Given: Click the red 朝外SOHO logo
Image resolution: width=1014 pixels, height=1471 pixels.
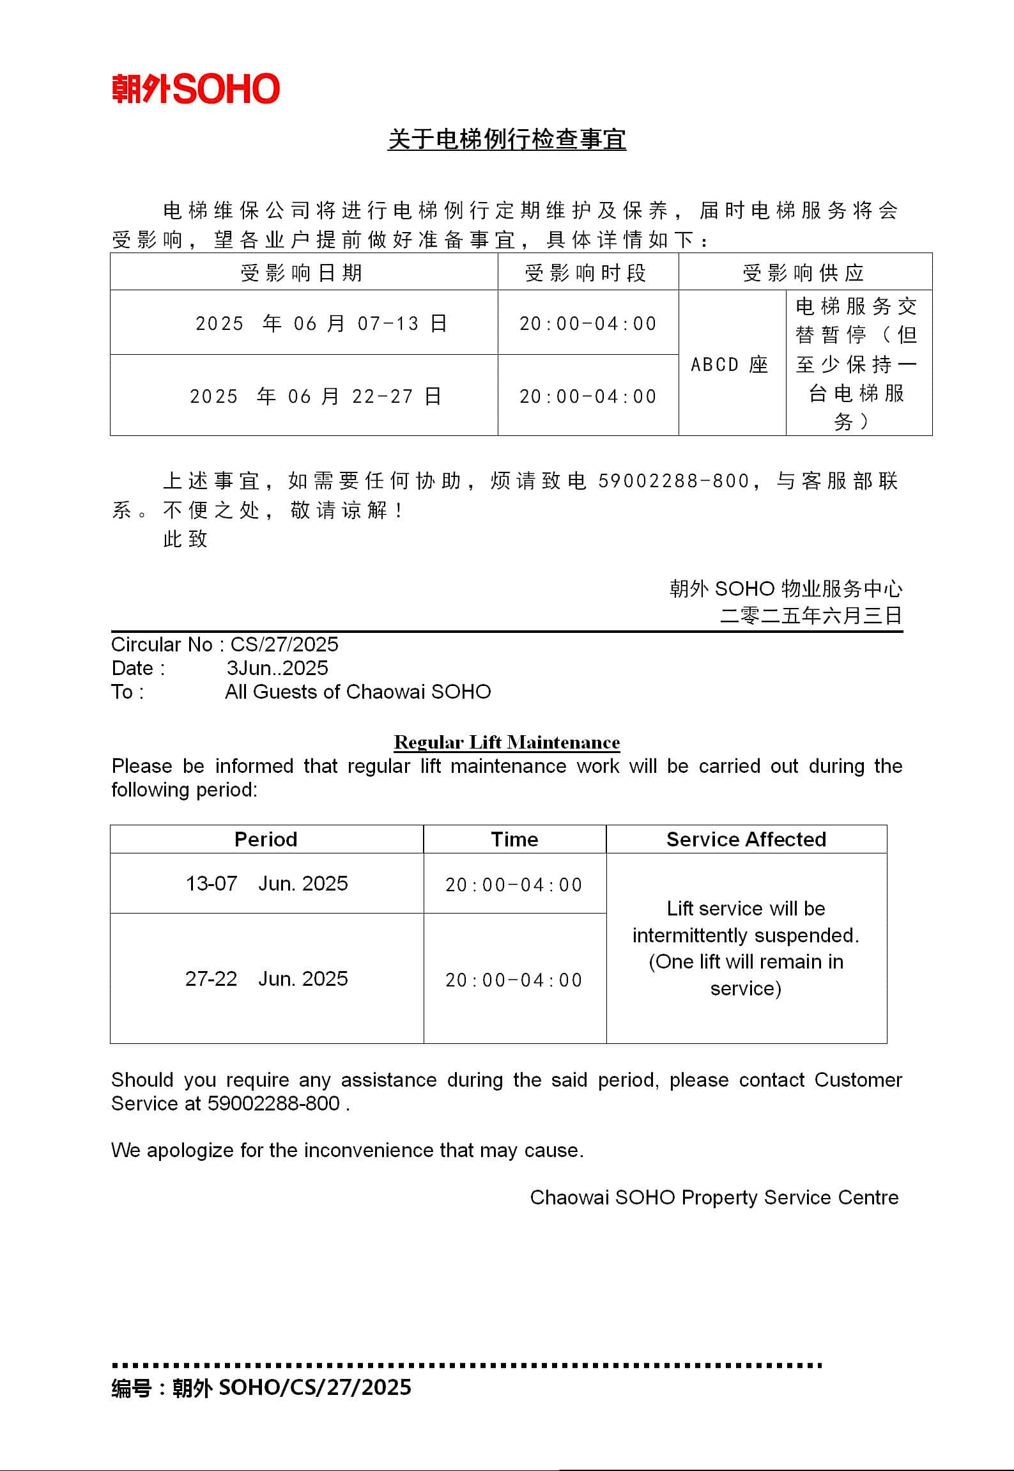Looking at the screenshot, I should coord(196,89).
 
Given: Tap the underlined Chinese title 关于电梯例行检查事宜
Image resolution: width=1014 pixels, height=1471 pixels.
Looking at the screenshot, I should coord(507,139).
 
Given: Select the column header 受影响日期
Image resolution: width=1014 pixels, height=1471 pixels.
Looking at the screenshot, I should coord(302,273).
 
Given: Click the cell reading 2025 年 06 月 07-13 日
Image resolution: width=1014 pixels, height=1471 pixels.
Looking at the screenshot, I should coord(321,323).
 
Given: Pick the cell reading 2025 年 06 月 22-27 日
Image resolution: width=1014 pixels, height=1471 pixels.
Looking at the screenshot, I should coord(316,396).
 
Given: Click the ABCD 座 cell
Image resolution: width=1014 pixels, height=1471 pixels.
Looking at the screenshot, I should coord(730,364).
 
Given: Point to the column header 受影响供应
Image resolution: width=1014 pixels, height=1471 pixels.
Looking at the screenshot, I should coord(804,273).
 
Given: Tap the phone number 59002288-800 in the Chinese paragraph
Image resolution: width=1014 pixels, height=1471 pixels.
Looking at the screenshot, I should coord(673,481).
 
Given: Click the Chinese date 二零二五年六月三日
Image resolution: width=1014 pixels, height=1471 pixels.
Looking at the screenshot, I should coord(811,616).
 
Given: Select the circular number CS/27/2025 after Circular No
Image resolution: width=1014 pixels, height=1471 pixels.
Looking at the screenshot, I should coord(284,644).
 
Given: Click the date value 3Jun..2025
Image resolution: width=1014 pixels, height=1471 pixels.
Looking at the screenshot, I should coord(277,668).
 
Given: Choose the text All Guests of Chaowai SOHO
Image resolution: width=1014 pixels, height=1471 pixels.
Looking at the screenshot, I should coord(358,692).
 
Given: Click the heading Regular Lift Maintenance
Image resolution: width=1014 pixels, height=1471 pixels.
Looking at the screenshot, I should coord(507,742).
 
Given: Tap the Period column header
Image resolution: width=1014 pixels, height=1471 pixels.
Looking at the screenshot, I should coord(266,839).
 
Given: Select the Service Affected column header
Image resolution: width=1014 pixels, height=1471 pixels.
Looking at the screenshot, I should coord(746,839).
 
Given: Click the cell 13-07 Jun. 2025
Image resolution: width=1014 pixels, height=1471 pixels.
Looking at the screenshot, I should coord(266,883).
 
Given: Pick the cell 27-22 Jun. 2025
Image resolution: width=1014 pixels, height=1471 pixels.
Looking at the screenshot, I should coord(266,979).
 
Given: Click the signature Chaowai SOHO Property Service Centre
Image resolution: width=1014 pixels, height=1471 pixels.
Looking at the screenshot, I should coord(714,1197).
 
